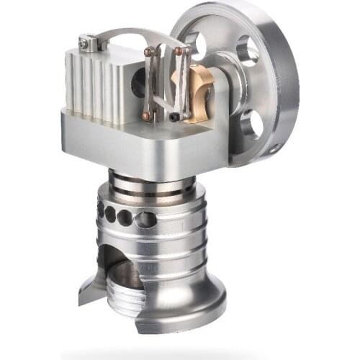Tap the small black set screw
[x=175, y=117]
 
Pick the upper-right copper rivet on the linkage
[x=178, y=51]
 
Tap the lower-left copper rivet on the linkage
[x=146, y=114]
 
